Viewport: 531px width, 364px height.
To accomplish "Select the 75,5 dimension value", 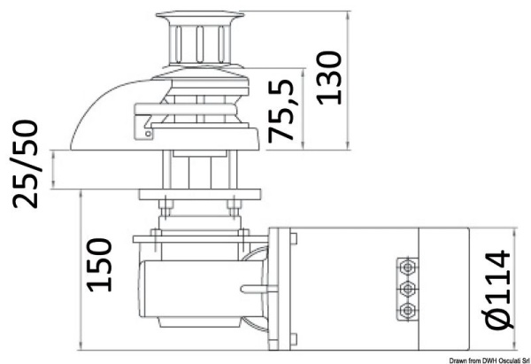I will point(282,112).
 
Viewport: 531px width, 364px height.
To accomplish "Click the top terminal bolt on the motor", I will point(407,267).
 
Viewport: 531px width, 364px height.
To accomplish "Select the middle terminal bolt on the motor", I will point(407,289).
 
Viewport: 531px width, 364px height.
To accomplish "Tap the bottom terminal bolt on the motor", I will point(407,309).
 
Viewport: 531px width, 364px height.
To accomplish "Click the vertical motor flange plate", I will point(283,288).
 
